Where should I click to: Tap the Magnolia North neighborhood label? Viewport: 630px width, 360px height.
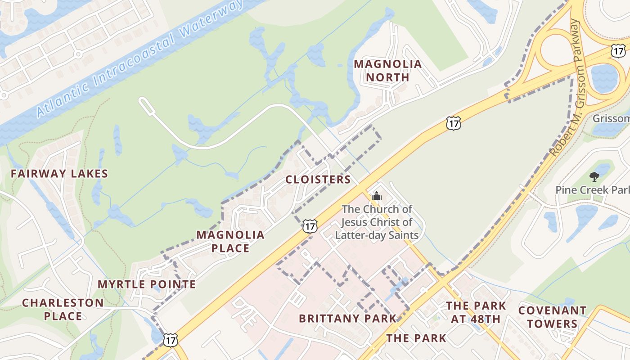tap(387, 71)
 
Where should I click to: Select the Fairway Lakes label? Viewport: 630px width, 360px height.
tap(59, 174)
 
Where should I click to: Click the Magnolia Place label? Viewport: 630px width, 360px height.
tap(230, 241)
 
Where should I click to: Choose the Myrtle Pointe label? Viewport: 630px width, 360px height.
tap(147, 284)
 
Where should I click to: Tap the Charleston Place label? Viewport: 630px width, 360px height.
tap(63, 309)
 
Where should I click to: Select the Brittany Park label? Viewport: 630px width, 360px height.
tap(348, 319)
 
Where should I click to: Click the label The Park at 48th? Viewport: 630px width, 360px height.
tap(476, 312)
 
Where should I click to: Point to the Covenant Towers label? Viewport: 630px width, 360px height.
tap(552, 317)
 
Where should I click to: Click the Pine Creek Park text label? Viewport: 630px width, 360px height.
tap(592, 190)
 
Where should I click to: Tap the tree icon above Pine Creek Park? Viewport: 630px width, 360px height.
tap(594, 176)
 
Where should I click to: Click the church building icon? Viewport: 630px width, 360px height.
tap(376, 196)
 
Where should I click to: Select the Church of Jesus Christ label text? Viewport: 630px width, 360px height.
tap(377, 222)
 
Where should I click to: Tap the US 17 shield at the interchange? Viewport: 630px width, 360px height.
tap(618, 50)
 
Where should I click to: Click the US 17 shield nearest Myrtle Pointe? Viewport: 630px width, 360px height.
tap(171, 340)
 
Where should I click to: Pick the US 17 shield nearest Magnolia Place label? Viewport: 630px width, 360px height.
tap(310, 226)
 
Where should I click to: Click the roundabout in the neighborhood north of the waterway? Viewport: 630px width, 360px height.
tap(77, 54)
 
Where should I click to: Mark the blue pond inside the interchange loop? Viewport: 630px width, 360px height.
tap(604, 79)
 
